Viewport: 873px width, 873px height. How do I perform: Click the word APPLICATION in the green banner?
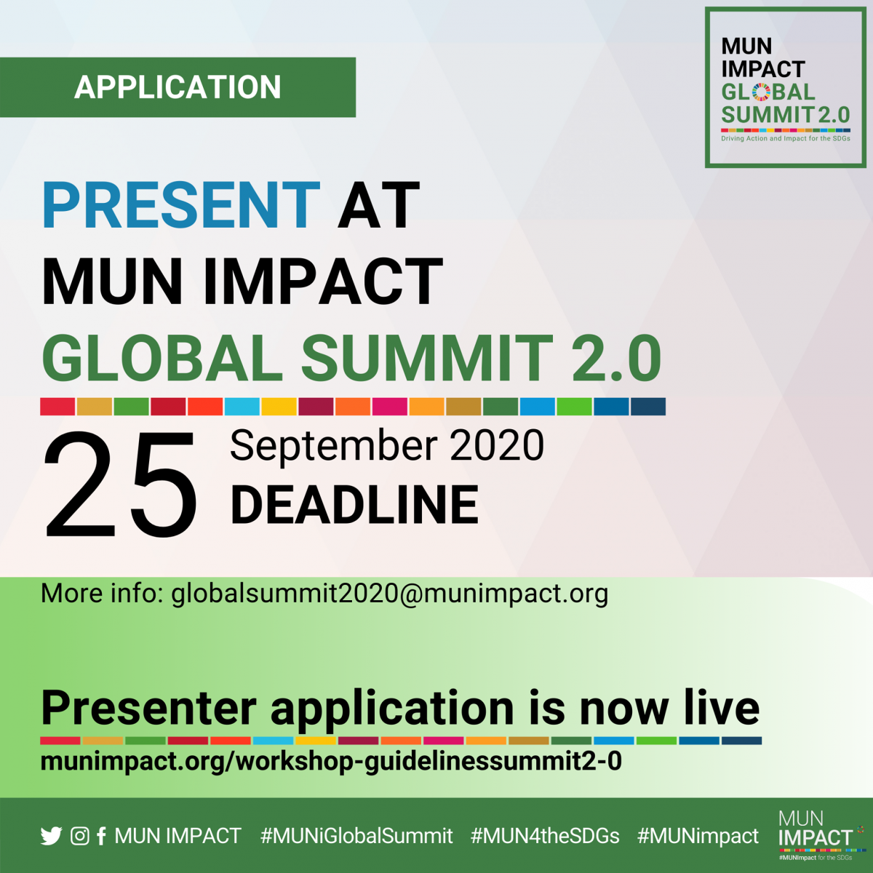click(178, 87)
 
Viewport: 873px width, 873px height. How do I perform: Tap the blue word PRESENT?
click(181, 204)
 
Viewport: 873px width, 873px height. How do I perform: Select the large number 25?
click(121, 485)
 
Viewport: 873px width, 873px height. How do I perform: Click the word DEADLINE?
click(354, 504)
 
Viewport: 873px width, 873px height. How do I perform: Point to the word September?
click(334, 447)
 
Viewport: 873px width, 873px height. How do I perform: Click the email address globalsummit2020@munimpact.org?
click(390, 594)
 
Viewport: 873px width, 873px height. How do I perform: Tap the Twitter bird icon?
click(51, 836)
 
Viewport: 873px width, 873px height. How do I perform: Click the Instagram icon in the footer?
click(80, 836)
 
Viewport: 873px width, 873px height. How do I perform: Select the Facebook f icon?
click(101, 836)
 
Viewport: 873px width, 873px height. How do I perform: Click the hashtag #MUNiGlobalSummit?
click(356, 836)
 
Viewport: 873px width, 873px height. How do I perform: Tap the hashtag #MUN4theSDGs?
click(545, 836)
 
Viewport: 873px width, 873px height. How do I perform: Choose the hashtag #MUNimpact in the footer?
click(698, 837)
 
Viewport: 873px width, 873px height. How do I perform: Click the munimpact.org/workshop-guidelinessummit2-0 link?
click(331, 762)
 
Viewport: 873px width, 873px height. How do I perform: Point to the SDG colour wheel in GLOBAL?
click(761, 92)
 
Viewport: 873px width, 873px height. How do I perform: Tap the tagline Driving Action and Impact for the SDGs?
click(786, 138)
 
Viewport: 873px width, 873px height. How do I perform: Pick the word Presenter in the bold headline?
click(148, 709)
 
